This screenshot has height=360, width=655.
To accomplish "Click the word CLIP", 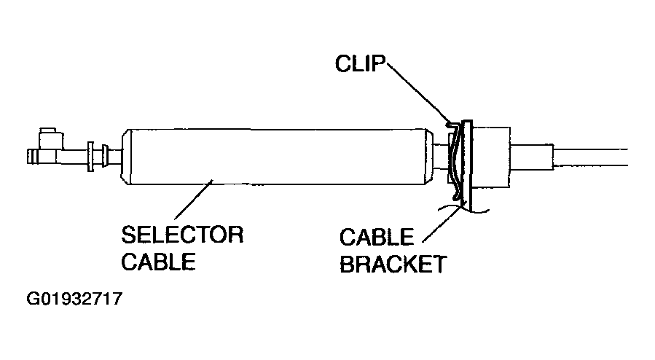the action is click(360, 63).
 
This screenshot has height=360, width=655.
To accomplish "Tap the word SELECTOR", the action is click(182, 235).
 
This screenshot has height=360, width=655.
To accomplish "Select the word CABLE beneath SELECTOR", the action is click(158, 262).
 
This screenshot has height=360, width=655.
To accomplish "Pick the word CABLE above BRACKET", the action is click(377, 238).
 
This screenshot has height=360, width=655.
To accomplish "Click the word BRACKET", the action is click(393, 264).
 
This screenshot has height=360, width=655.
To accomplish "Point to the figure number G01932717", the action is click(74, 299).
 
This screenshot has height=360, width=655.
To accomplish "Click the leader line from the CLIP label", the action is click(419, 93).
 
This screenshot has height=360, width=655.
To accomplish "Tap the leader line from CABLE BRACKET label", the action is click(444, 221).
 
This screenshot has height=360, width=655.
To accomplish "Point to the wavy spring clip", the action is click(455, 160).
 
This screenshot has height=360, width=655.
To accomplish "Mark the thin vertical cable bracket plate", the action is click(467, 166).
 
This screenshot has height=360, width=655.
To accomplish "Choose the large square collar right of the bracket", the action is click(491, 157).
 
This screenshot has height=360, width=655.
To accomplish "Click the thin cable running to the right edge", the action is click(591, 157).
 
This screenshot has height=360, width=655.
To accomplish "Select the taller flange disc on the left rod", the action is click(90, 157).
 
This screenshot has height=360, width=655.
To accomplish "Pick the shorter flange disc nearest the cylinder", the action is click(105, 157).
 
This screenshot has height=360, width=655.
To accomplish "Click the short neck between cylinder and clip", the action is click(441, 157).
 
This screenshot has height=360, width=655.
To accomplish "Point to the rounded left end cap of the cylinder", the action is click(126, 157).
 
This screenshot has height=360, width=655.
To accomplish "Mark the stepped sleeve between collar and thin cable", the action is click(532, 157).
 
